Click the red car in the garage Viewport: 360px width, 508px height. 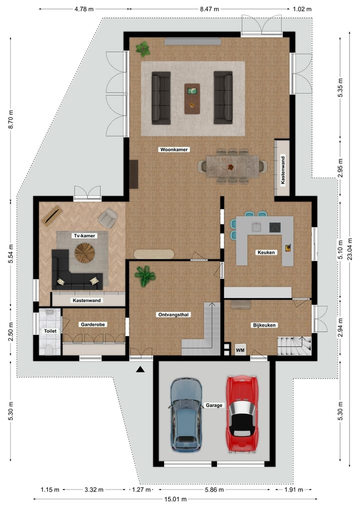click(242, 414)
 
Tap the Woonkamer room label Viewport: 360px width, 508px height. click(173, 149)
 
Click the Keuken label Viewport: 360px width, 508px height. click(265, 253)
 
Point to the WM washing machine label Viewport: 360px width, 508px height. click(240, 350)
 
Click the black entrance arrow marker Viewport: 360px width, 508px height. click(140, 369)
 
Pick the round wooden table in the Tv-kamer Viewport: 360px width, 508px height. click(84, 253)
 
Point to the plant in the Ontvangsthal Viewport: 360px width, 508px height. click(145, 275)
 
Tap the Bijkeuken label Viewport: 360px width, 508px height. click(264, 325)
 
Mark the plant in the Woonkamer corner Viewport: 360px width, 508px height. click(143, 49)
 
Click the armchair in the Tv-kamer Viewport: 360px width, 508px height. click(107, 218)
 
